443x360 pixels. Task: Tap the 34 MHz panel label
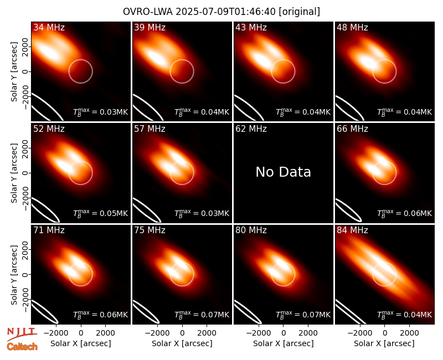(x=49, y=27)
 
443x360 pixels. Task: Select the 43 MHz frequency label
(x=251, y=27)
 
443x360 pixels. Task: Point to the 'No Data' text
(x=283, y=172)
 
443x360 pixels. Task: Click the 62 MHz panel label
(x=251, y=129)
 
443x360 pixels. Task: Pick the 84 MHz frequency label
(x=352, y=230)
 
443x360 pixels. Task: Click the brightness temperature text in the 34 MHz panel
(x=100, y=112)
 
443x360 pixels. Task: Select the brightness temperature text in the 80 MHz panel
(x=303, y=315)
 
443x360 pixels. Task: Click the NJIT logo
(x=22, y=334)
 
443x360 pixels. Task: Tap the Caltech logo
(x=22, y=347)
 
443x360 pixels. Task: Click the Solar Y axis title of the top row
(x=14, y=72)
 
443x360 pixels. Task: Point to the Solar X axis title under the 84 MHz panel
(x=384, y=343)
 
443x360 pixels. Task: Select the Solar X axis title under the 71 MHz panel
(x=80, y=343)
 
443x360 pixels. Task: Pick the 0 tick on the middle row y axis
(x=25, y=173)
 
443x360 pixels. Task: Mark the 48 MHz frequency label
(x=352, y=27)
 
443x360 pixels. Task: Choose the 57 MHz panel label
(x=150, y=129)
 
